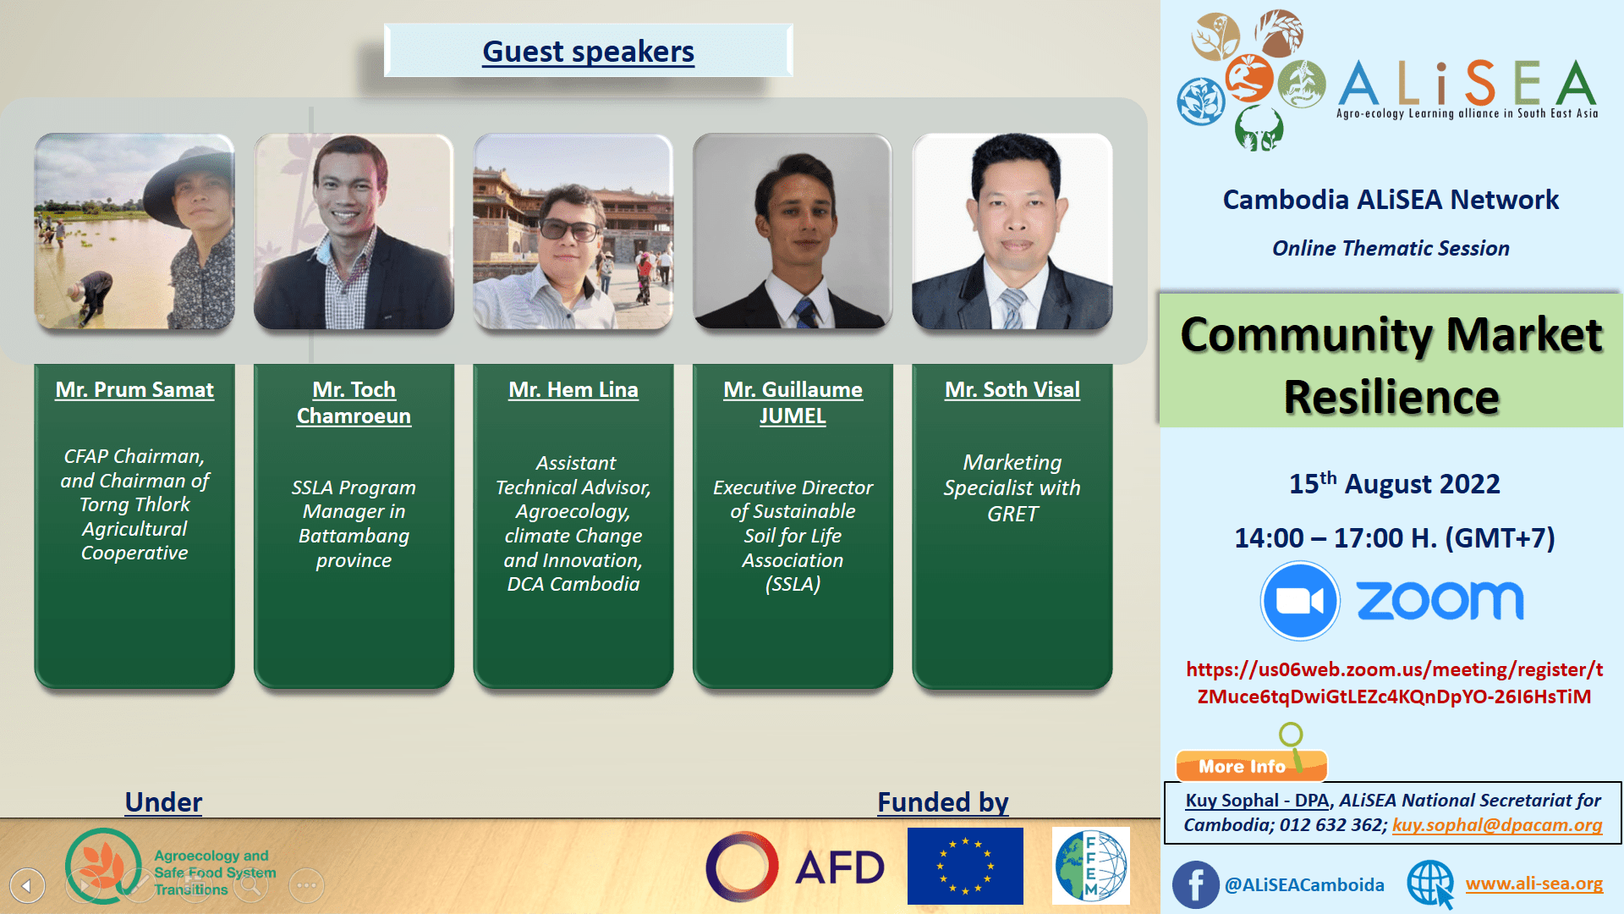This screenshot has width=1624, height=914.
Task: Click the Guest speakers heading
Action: tap(588, 52)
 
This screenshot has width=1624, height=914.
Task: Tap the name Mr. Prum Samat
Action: tap(134, 389)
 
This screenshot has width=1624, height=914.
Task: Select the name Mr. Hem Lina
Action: tap(573, 389)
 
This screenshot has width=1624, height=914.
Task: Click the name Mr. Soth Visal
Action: tap(1012, 389)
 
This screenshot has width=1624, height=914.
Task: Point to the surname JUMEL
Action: tap(793, 416)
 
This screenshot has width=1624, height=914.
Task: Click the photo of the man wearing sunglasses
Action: tap(573, 231)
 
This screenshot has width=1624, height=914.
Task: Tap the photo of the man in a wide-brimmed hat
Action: tap(134, 231)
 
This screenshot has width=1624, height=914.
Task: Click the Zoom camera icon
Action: tap(1300, 601)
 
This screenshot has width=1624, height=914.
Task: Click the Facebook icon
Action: tap(1195, 884)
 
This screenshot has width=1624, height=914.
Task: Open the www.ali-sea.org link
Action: tap(1533, 884)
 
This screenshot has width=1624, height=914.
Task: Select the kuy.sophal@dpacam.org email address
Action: tap(1497, 825)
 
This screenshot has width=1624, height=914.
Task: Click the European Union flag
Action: tap(965, 866)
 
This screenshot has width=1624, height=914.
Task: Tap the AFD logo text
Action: tap(840, 867)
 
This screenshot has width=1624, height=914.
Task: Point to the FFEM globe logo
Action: tap(1091, 866)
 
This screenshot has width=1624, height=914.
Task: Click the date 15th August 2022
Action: tap(1394, 483)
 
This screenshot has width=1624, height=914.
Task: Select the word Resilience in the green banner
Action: tap(1391, 397)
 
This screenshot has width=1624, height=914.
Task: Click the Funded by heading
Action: tap(943, 801)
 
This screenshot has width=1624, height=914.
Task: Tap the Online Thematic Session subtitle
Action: tap(1391, 248)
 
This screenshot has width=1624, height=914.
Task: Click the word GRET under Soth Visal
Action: tap(1012, 514)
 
